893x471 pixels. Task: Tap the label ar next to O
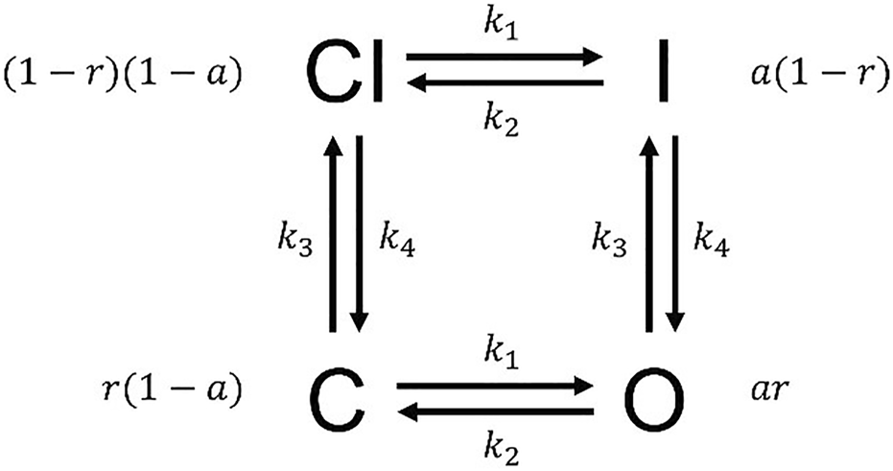(x=766, y=394)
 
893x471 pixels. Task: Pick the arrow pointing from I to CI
(x=504, y=83)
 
